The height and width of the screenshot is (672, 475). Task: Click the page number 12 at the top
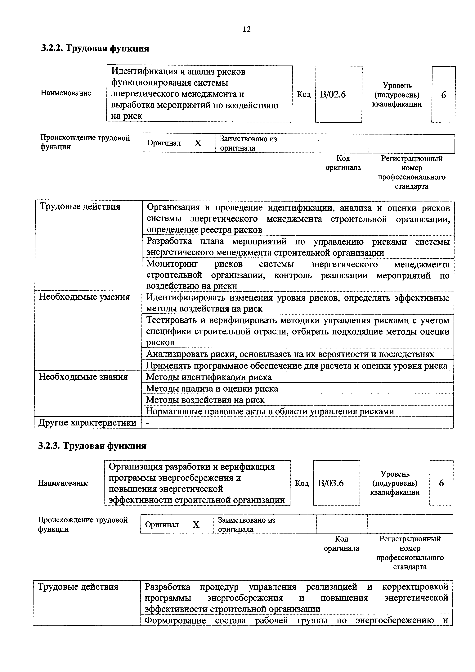247,29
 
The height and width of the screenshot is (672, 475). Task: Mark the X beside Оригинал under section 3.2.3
196,524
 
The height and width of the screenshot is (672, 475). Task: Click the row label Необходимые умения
85,297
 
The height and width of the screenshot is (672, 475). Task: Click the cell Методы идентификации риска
209,377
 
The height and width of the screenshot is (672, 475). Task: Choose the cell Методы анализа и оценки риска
212,388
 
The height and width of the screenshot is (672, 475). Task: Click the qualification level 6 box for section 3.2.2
443,95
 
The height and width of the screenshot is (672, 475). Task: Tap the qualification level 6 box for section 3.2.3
441,483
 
